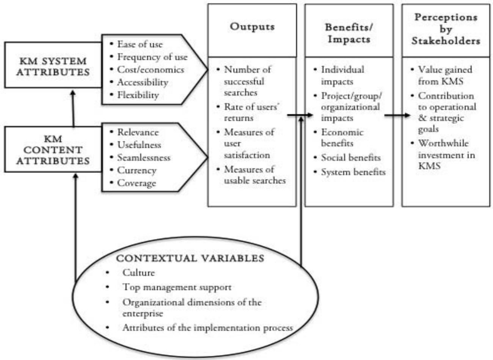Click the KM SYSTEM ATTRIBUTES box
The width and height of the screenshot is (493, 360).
[53, 66]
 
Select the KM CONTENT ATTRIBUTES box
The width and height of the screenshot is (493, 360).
[53, 150]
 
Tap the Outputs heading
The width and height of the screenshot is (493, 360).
[252, 27]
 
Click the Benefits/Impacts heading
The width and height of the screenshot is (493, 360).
[349, 33]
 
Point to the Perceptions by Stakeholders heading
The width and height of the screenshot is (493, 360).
[446, 29]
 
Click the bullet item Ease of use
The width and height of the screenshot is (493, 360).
[140, 44]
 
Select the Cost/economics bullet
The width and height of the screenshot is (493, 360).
[150, 70]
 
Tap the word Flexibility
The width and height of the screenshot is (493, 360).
[138, 95]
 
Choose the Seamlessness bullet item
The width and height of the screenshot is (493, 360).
[144, 158]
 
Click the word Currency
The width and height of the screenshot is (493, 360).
[137, 171]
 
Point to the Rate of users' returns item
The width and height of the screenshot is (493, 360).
[250, 112]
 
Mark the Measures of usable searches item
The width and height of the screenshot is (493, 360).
[254, 175]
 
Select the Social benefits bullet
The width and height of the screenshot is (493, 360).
[350, 158]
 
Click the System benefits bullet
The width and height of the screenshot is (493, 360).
[353, 172]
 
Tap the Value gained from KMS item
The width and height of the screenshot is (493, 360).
[444, 75]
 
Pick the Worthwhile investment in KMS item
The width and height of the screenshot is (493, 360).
[446, 154]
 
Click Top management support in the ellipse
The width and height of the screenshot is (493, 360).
[177, 287]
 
